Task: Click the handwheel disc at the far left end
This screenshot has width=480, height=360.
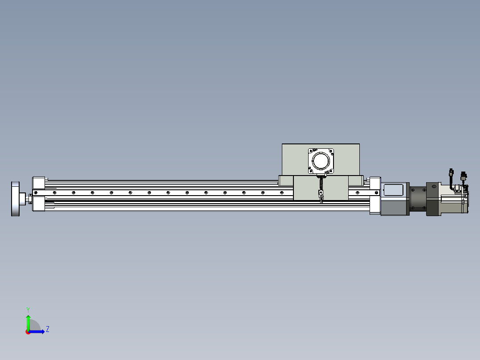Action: point(15,199)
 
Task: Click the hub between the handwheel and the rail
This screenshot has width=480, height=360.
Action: point(23,199)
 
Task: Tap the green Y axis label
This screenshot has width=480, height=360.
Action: point(28,310)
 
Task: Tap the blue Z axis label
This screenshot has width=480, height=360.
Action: point(48,329)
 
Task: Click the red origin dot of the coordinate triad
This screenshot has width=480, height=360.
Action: point(28,332)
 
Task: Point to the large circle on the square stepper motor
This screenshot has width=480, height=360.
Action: point(321,160)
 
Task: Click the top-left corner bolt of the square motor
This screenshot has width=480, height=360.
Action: point(311,151)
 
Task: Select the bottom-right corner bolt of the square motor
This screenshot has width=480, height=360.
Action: point(331,171)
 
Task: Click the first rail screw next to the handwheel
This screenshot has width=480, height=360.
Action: point(36,193)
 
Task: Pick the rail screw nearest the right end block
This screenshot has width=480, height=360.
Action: point(377,193)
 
